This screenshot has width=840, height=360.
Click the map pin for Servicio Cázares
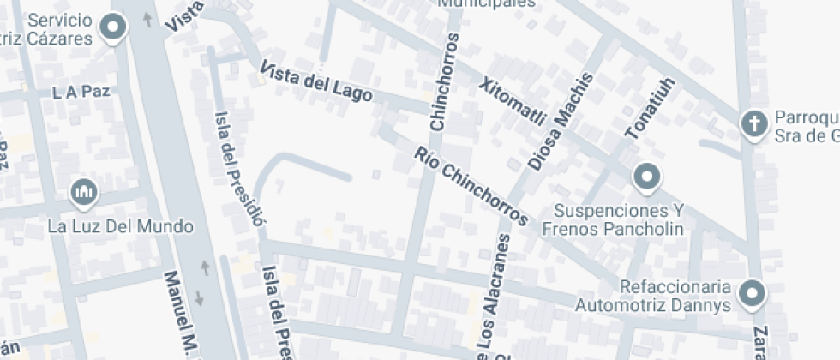click(113, 28)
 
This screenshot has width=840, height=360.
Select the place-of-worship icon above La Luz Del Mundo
click(83, 192)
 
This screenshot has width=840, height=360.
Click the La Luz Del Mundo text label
click(120, 227)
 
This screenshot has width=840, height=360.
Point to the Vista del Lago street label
click(316, 82)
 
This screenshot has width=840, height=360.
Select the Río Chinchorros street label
click(471, 186)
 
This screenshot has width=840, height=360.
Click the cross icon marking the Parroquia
click(753, 124)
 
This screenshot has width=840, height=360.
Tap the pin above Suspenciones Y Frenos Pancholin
click(647, 178)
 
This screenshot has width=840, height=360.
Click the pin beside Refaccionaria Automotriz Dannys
click(753, 294)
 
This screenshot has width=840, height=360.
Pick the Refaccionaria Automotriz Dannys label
click(652, 296)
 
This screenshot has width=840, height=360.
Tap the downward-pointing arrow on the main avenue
click(199, 297)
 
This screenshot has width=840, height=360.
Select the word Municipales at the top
click(487, 3)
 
